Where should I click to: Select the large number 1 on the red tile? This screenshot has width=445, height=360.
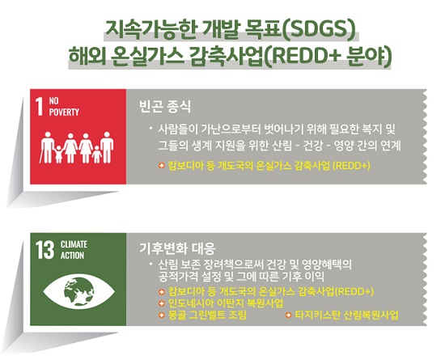40,106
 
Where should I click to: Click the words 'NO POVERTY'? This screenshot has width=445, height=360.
64,107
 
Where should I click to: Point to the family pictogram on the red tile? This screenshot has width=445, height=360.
77,147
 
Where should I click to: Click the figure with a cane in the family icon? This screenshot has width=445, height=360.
47,147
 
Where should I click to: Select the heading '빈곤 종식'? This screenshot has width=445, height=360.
165,107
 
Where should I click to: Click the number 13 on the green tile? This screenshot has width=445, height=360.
44,250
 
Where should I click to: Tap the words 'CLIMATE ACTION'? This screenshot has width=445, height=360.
74,250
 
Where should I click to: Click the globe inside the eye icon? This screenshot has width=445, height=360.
79,291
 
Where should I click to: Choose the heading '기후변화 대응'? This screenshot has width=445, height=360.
177,248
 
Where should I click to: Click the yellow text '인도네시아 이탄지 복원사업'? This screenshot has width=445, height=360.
226,303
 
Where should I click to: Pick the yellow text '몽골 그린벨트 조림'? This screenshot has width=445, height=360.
207,315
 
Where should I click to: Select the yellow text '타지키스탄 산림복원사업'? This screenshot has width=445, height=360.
347,315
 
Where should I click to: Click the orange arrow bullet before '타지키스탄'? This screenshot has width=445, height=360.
289,315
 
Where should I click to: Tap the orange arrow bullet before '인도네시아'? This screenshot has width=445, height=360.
162,303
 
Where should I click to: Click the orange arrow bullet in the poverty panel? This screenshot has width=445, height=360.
162,165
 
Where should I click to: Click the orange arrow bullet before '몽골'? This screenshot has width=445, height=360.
162,315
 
